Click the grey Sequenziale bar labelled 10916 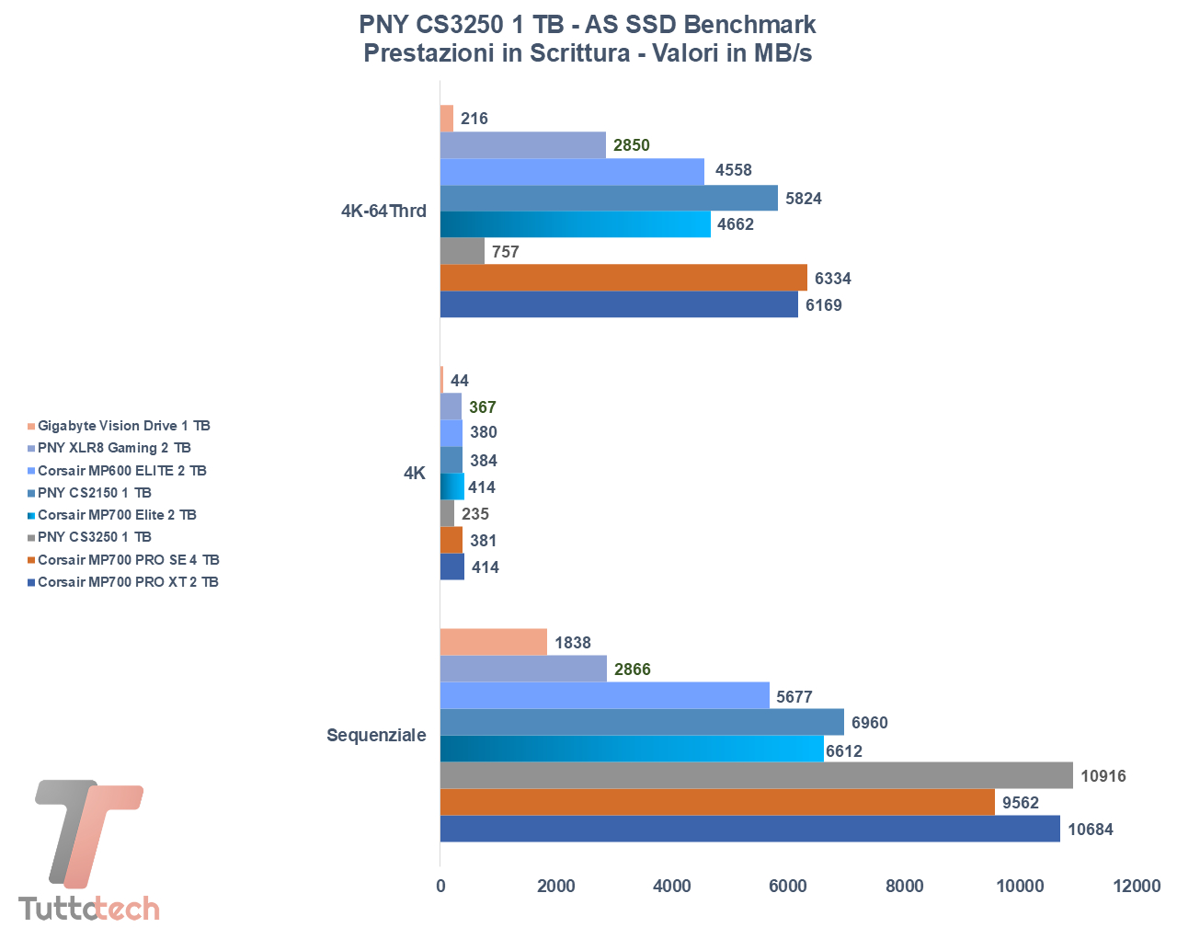pyautogui.click(x=756, y=775)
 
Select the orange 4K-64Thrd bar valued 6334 pyautogui.click(x=623, y=278)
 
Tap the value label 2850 pyautogui.click(x=632, y=145)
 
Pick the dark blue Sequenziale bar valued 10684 pyautogui.click(x=749, y=829)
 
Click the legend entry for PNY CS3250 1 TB pyautogui.click(x=95, y=537)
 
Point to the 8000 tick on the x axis pyautogui.click(x=904, y=886)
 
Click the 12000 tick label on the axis pyautogui.click(x=1137, y=886)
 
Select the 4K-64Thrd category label pyautogui.click(x=383, y=212)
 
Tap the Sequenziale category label pyautogui.click(x=376, y=736)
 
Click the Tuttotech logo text pyautogui.click(x=89, y=909)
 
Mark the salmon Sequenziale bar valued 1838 pyautogui.click(x=493, y=642)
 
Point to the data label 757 pyautogui.click(x=506, y=252)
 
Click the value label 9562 pyautogui.click(x=1021, y=803)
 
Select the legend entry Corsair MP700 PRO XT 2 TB pyautogui.click(x=128, y=582)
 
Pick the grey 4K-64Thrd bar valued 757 pyautogui.click(x=463, y=251)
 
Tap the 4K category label pyautogui.click(x=415, y=474)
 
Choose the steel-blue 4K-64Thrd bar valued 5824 pyautogui.click(x=609, y=198)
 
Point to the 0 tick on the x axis pyautogui.click(x=440, y=886)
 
